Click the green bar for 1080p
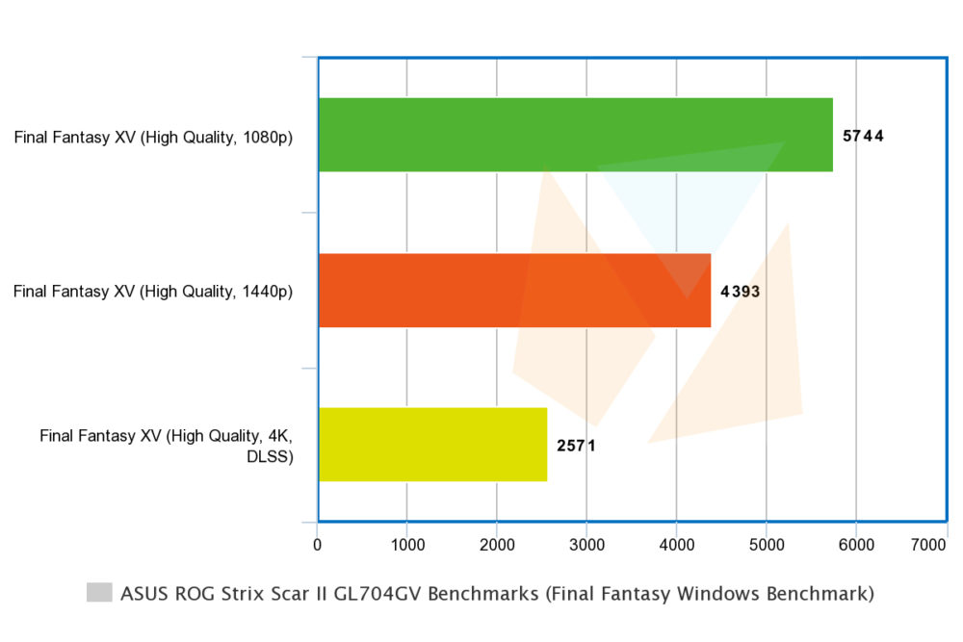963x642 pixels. (576, 135)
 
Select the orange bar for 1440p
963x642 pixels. (514, 291)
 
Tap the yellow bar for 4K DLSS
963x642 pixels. (433, 445)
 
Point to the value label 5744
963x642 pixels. (863, 136)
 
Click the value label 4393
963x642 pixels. (740, 291)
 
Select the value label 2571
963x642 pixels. (576, 446)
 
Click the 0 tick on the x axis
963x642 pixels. (317, 545)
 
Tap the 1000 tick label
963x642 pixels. (407, 545)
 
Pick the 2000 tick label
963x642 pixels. (497, 545)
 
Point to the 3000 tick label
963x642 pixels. (586, 545)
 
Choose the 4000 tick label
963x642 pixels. (677, 545)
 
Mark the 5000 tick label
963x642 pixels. (767, 545)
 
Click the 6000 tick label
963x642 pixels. (856, 545)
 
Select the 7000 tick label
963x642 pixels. (928, 545)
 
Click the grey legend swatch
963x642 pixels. (99, 592)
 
